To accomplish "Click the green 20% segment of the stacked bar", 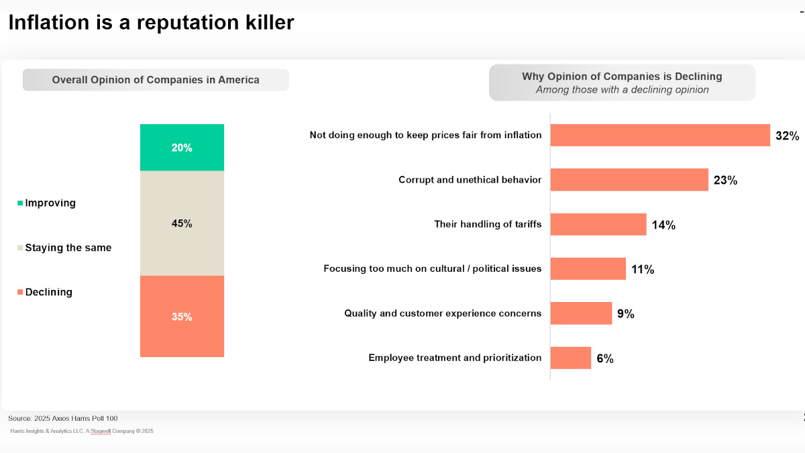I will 182,148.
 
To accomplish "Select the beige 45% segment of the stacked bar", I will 182,223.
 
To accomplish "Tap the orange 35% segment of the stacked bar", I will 182,316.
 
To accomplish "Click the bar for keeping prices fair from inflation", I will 660,136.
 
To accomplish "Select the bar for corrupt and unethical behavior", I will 629,180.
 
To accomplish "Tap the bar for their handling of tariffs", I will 598,225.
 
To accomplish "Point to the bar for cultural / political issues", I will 588,269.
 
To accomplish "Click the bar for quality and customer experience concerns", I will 582,313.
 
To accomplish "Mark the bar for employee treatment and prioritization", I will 571,358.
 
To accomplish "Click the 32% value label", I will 787,136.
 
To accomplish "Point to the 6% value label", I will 604,358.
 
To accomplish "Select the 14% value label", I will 663,225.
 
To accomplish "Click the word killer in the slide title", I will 263,22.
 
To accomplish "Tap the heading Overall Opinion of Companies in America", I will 156,80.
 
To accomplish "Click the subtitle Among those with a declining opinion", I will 622,90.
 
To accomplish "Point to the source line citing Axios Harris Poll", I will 63,418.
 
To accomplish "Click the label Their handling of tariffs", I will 488,225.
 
